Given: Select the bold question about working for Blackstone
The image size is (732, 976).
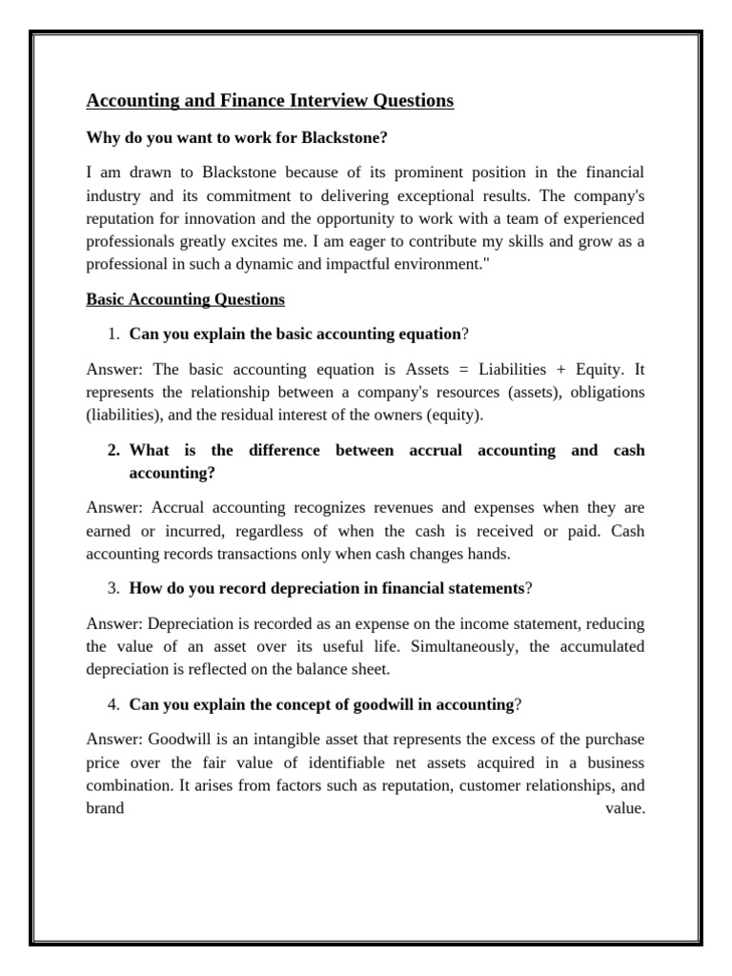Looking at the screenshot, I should tap(237, 137).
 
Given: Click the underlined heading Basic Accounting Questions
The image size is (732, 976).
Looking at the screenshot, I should tap(185, 299).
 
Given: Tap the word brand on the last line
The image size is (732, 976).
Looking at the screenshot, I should tap(105, 807).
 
